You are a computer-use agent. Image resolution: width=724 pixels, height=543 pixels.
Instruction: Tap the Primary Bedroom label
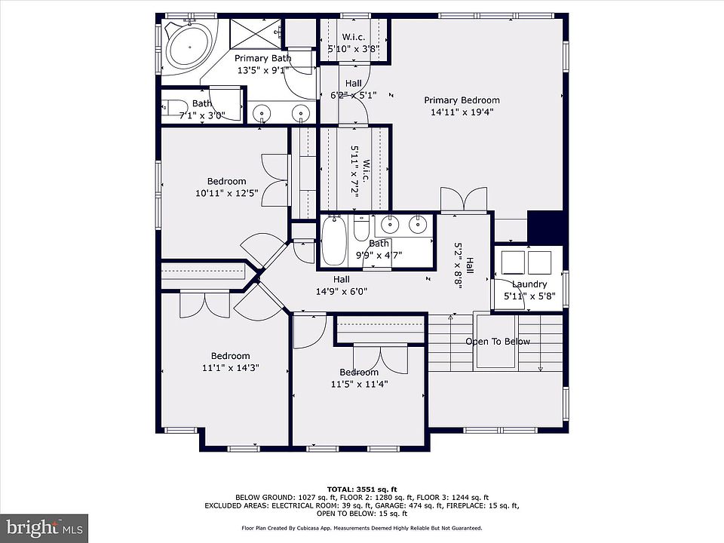coord(462,100)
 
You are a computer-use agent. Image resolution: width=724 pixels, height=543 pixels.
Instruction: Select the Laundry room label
coord(529,284)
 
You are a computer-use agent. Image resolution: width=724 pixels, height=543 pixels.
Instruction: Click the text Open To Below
coord(498,342)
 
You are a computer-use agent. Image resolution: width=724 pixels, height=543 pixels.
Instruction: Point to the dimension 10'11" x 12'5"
coord(226,193)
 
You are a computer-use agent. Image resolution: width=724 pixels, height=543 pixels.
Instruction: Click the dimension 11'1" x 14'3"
coord(231,368)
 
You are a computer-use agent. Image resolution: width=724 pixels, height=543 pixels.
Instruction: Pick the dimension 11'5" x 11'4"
coord(359,384)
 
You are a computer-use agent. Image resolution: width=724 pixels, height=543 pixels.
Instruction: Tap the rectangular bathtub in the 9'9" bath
coord(334,241)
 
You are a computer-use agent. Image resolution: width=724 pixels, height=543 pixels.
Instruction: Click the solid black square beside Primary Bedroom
coord(545,228)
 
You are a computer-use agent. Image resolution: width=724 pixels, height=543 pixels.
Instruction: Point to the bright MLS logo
coord(44,528)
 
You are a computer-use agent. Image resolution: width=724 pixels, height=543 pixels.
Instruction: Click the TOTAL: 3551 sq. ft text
coord(362,489)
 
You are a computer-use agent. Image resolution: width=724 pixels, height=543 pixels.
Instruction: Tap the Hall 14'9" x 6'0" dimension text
coord(342,291)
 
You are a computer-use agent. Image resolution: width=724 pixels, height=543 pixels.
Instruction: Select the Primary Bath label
coord(262,58)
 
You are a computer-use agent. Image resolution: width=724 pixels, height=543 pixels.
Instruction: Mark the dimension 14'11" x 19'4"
coord(462,112)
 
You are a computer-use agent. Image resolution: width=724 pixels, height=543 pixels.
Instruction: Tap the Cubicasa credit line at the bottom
coord(362,528)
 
